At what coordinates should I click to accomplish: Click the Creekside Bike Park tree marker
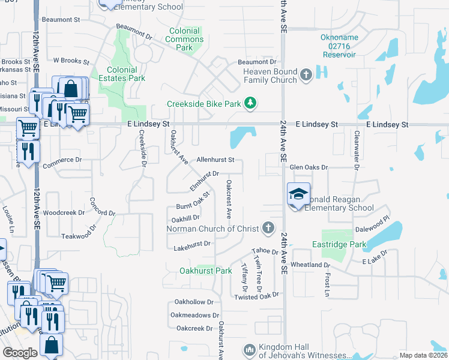tap(250, 104)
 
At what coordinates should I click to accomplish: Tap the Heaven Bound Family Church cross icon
tap(306, 75)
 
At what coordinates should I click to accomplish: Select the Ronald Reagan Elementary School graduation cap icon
tap(298, 194)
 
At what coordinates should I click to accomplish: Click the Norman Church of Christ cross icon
tap(268, 228)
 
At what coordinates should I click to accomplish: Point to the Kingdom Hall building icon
tap(250, 349)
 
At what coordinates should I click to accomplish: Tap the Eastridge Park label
tap(339, 245)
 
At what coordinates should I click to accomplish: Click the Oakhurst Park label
tap(206, 271)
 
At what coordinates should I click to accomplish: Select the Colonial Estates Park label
tap(126, 74)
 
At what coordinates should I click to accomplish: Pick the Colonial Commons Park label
tap(184, 39)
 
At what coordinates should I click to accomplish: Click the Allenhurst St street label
tap(215, 160)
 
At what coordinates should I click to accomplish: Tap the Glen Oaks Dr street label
tap(309, 167)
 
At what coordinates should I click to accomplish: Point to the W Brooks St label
tap(71, 61)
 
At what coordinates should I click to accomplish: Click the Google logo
tap(20, 353)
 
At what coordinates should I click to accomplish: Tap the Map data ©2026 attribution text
tap(423, 355)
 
